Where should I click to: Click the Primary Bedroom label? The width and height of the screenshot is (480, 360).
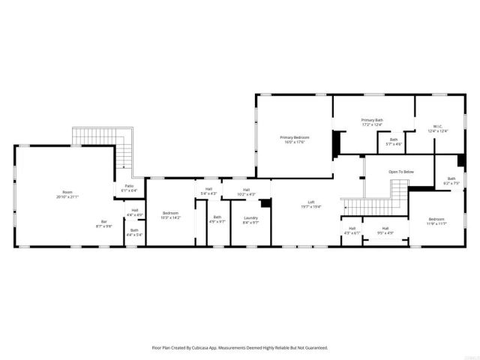[295, 137]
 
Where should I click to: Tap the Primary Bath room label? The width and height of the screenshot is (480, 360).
[372, 120]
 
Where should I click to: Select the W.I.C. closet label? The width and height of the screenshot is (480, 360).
[437, 126]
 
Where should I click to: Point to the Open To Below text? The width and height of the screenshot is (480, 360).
[400, 172]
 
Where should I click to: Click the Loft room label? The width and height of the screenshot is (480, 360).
[310, 202]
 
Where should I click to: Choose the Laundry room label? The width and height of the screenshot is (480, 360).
[250, 217]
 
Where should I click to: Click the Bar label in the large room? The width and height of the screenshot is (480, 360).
[105, 221]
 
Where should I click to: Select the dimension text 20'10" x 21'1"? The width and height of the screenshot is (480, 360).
[67, 196]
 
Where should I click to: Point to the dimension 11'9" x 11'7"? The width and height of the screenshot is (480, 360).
[436, 223]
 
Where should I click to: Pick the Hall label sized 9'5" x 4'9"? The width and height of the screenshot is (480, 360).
[385, 228]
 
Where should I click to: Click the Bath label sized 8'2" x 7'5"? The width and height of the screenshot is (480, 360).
[451, 178]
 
